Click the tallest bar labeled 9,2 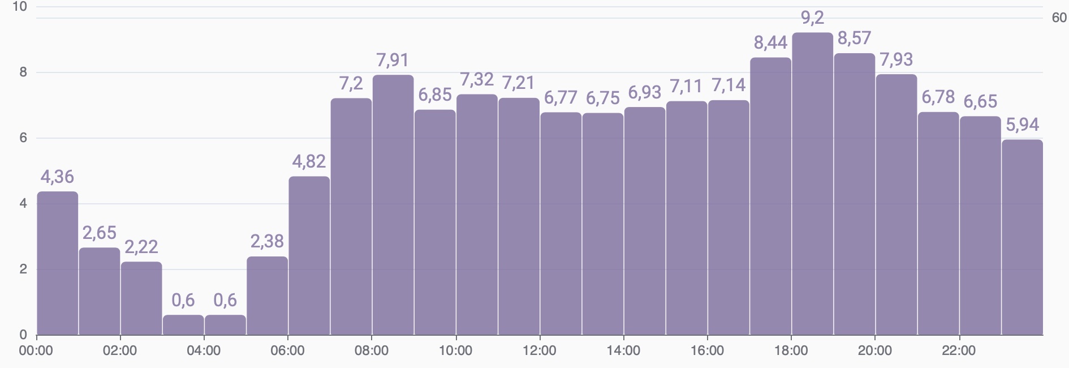tap(812, 184)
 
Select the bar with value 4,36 tap(58, 263)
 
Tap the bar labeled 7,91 tap(393, 205)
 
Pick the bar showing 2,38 tap(268, 296)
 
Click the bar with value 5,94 tap(1022, 237)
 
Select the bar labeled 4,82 tap(309, 256)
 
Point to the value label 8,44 tap(770, 42)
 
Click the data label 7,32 tap(477, 79)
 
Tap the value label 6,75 tap(602, 98)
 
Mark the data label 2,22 tap(141, 247)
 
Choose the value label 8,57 tap(854, 38)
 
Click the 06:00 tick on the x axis tap(288, 350)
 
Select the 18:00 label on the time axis tap(791, 350)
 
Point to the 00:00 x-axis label tap(36, 350)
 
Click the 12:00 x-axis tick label tap(540, 350)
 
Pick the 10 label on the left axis tap(19, 7)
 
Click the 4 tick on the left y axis tap(23, 203)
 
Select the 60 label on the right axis tap(1059, 18)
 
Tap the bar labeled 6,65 tap(980, 225)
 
